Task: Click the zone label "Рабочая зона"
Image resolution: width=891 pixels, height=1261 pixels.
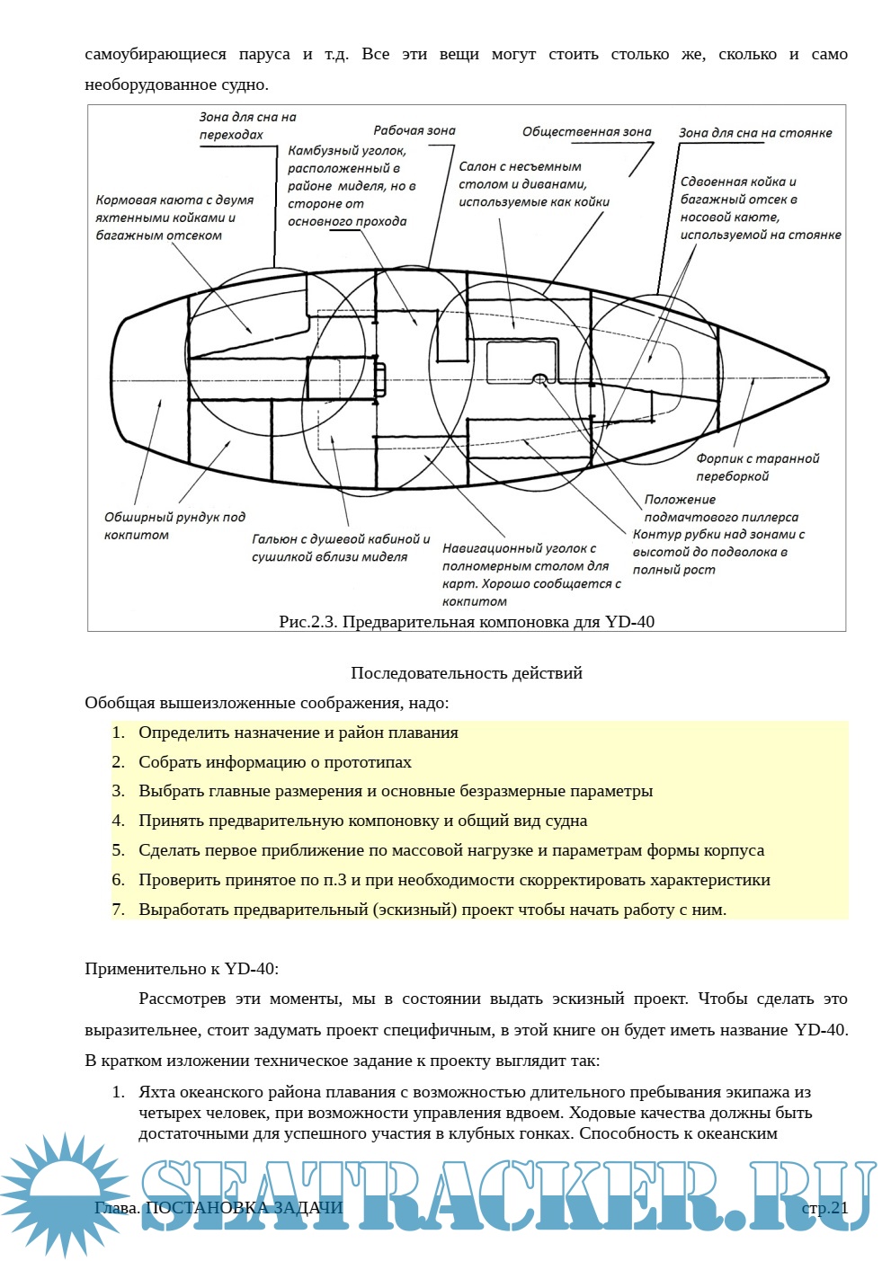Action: pyautogui.click(x=414, y=130)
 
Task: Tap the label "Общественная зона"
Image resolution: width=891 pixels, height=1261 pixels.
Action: pyautogui.click(x=586, y=131)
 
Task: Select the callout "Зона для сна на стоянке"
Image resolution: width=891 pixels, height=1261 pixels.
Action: pyautogui.click(x=755, y=132)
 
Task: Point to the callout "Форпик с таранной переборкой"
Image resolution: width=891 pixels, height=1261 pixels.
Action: pyautogui.click(x=758, y=467)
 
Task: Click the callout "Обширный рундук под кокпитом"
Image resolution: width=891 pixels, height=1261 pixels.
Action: pyautogui.click(x=174, y=526)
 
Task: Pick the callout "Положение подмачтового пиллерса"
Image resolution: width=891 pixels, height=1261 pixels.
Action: pyautogui.click(x=721, y=508)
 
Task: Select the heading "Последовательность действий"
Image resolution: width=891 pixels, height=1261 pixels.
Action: pyautogui.click(x=467, y=673)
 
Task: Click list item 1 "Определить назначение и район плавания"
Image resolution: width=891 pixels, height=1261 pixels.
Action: pyautogui.click(x=298, y=733)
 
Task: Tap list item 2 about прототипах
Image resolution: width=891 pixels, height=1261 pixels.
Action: pyautogui.click(x=274, y=762)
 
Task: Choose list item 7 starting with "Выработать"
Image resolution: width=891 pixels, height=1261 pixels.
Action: pyautogui.click(x=432, y=910)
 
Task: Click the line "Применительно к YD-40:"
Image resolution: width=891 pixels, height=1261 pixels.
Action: pyautogui.click(x=182, y=969)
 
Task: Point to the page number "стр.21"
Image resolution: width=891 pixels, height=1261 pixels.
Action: pyautogui.click(x=824, y=1207)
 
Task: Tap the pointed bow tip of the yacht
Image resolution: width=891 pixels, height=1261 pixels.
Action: pyautogui.click(x=826, y=377)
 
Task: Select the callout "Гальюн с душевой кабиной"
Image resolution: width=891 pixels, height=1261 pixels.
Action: pyautogui.click(x=341, y=547)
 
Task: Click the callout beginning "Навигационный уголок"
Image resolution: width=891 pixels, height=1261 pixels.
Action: pyautogui.click(x=531, y=574)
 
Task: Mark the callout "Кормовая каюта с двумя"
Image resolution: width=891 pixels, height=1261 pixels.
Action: pyautogui.click(x=174, y=218)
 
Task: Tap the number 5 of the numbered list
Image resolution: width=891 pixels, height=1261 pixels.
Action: pyautogui.click(x=118, y=850)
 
